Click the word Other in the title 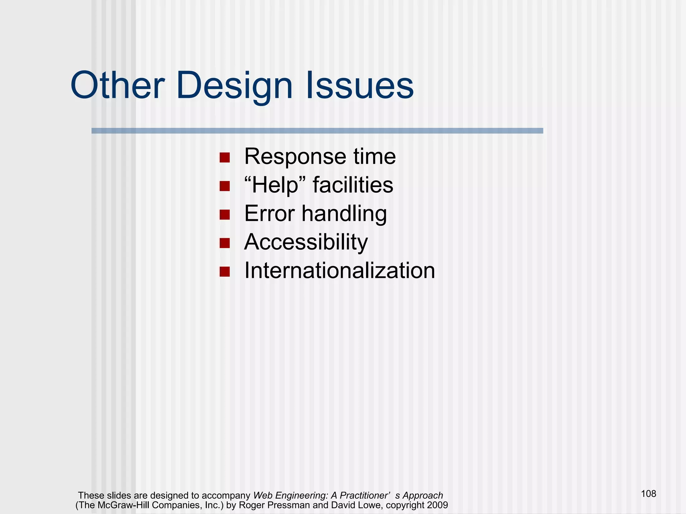(117, 86)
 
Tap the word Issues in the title (360, 86)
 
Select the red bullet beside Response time (224, 158)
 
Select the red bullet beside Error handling (224, 215)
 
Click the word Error (269, 213)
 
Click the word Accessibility (306, 242)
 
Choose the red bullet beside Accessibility (224, 243)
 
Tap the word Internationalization (339, 270)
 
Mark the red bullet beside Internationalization (224, 271)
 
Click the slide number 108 (648, 494)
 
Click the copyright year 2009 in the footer (437, 505)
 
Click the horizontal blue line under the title (317, 131)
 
